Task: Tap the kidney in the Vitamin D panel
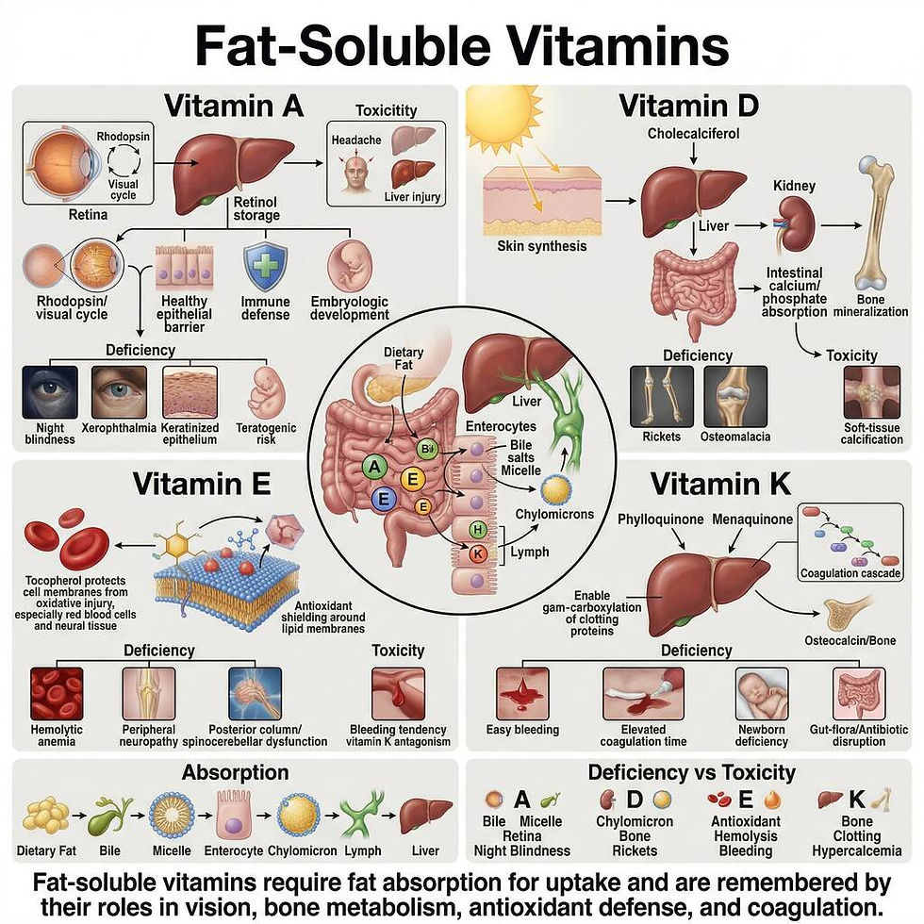[796, 224]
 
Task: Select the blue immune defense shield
[265, 267]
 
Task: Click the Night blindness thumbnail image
[50, 392]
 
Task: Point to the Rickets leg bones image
[662, 396]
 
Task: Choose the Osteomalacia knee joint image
[735, 396]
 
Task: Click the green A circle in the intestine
[374, 468]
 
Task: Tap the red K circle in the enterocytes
[478, 554]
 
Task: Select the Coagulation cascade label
[850, 573]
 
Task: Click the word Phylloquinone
[660, 520]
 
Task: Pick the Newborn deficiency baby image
[762, 694]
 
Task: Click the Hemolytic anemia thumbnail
[57, 694]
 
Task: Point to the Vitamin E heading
[202, 484]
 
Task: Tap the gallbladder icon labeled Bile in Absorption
[109, 816]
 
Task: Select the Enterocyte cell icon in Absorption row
[234, 815]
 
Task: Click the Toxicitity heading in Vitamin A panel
[386, 110]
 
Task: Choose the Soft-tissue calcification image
[872, 392]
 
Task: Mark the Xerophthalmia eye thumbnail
[119, 392]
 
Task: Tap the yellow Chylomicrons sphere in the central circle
[555, 490]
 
